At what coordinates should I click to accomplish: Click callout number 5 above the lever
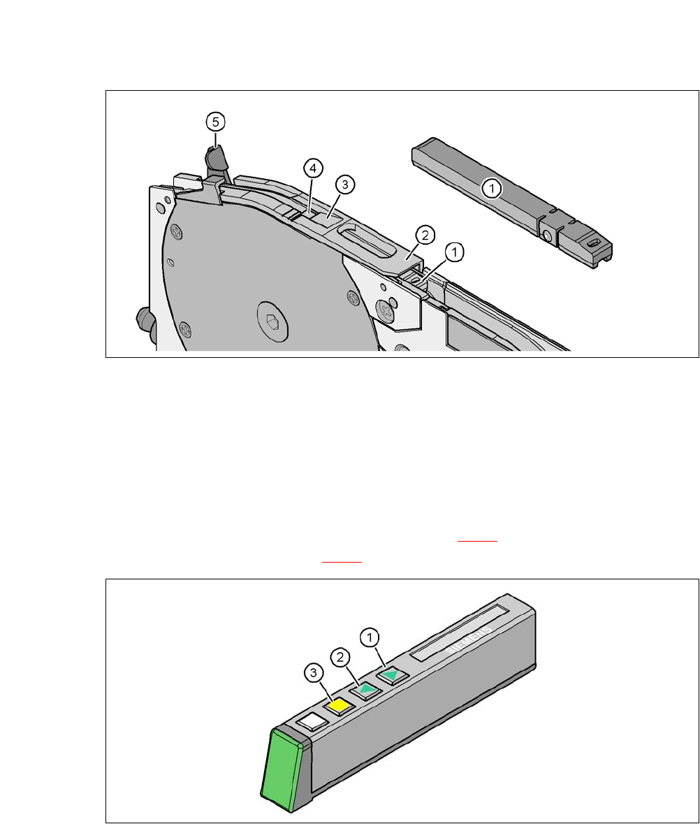tap(215, 122)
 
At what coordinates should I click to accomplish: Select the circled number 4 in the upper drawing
tap(313, 168)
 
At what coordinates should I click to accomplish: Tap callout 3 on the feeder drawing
tap(345, 185)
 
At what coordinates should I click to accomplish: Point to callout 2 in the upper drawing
tap(425, 235)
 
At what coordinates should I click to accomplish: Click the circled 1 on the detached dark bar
tap(492, 188)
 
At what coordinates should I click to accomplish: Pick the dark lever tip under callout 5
tap(214, 157)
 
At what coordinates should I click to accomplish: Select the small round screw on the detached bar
tap(548, 237)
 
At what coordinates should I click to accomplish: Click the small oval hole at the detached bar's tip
tap(595, 243)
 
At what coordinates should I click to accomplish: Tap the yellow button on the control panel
tap(339, 706)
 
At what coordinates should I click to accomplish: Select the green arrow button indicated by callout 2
tap(365, 690)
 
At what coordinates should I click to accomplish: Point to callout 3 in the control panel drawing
tap(314, 673)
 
